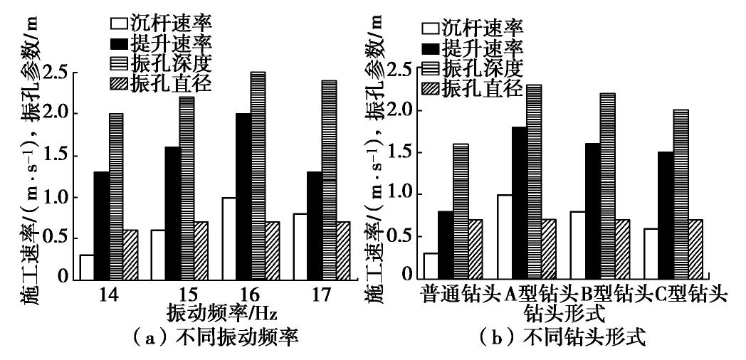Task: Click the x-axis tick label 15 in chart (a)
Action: pyautogui.click(x=167, y=294)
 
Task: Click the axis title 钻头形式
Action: pyautogui.click(x=559, y=313)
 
